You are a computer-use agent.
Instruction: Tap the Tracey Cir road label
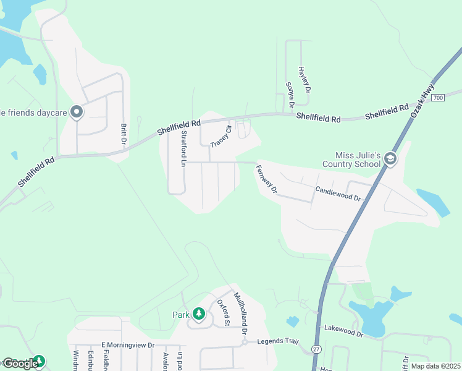(220, 136)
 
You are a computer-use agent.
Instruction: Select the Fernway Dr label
(267, 179)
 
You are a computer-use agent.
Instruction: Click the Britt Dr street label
(124, 135)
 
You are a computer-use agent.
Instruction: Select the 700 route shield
(438, 98)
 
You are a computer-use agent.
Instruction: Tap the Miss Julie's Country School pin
(390, 160)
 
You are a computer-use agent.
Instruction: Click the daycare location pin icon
(77, 112)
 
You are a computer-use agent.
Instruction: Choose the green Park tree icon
(198, 315)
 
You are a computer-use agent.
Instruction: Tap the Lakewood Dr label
(344, 333)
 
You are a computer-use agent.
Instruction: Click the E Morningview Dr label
(127, 345)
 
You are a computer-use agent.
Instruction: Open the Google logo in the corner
(20, 364)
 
